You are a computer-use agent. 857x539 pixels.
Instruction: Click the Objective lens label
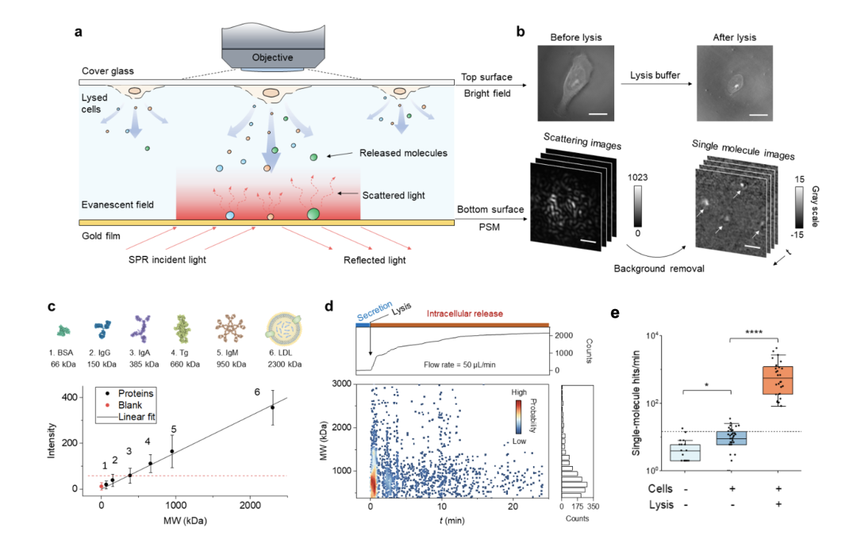tap(272, 57)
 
